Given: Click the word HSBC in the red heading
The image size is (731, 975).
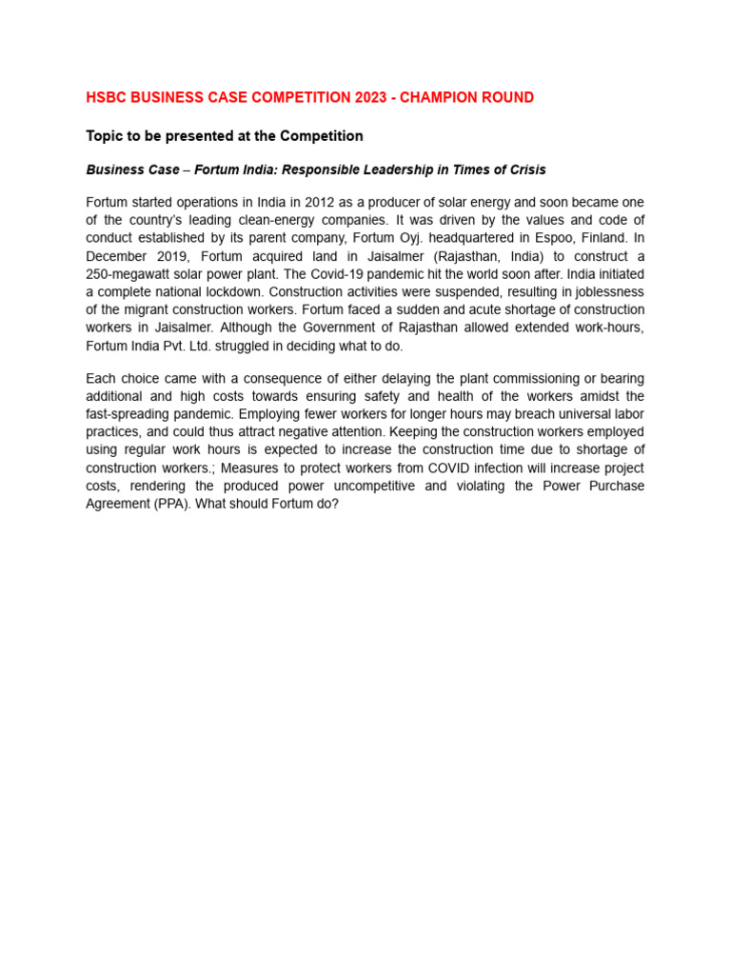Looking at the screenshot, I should tap(108, 98).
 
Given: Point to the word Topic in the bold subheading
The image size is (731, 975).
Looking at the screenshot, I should tap(106, 136).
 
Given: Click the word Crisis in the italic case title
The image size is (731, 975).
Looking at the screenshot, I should tap(525, 169).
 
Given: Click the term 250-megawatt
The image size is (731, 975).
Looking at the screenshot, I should tap(126, 274).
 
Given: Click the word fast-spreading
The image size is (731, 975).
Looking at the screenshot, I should tap(128, 414).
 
